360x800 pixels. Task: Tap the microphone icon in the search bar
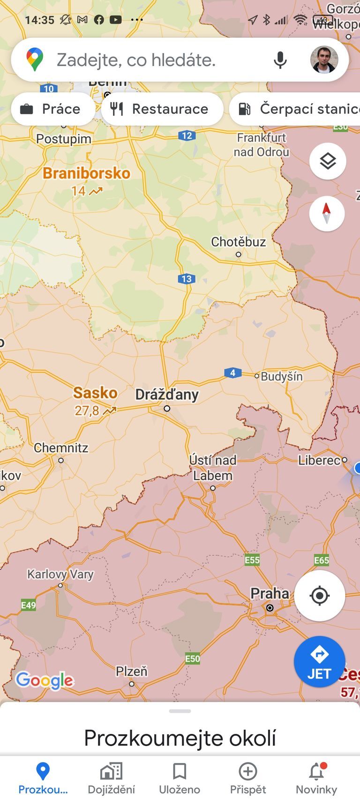click(x=280, y=60)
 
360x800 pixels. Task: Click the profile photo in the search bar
click(x=324, y=60)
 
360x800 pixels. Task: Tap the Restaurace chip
click(x=162, y=109)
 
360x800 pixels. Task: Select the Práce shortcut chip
click(x=52, y=109)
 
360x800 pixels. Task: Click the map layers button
click(x=328, y=161)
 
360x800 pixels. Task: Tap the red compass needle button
click(x=327, y=213)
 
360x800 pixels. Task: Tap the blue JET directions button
click(x=319, y=661)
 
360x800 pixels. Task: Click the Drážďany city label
click(x=167, y=395)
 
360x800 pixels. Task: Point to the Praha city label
click(x=270, y=593)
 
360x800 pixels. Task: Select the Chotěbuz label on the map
click(x=238, y=242)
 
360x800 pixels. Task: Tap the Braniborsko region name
click(x=86, y=173)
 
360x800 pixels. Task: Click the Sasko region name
click(x=95, y=393)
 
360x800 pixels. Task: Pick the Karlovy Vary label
click(x=60, y=574)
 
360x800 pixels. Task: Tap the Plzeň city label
click(x=131, y=672)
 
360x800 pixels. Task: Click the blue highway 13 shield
click(x=186, y=279)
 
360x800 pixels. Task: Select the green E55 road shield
click(x=252, y=560)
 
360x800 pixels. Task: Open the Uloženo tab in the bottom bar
click(x=180, y=778)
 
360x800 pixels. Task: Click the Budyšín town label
click(x=281, y=376)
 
